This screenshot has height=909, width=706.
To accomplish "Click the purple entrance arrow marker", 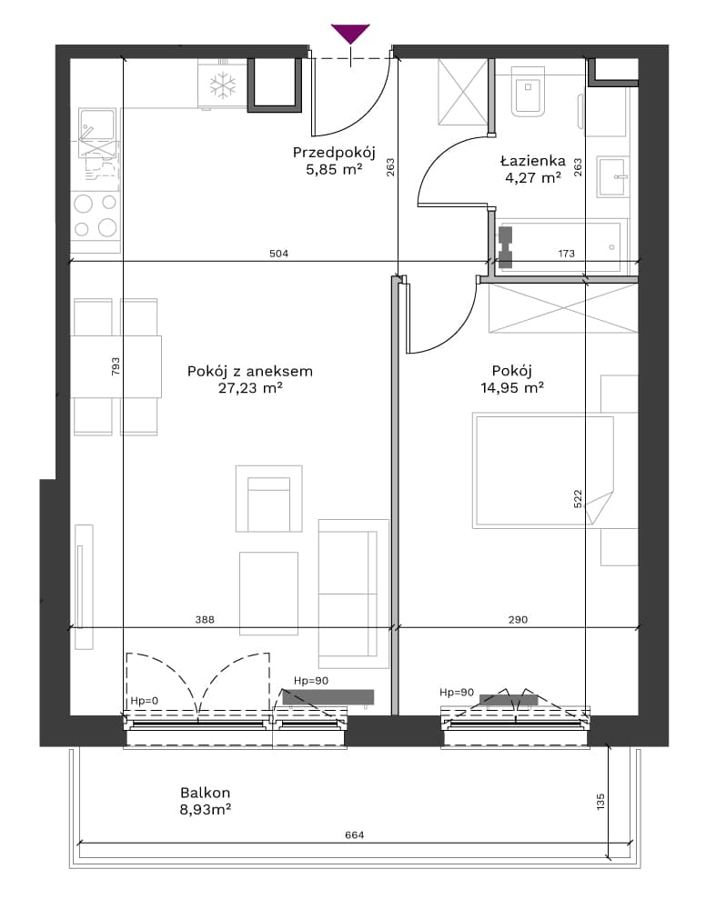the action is pyautogui.click(x=350, y=34).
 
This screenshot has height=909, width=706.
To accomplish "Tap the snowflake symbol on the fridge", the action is pyautogui.click(x=220, y=85).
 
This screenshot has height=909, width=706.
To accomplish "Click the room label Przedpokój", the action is pyautogui.click(x=334, y=153).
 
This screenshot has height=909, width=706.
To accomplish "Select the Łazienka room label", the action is pyautogui.click(x=532, y=160).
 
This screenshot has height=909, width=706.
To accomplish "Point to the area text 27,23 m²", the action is pyautogui.click(x=250, y=388).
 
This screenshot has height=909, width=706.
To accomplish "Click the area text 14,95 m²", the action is pyautogui.click(x=511, y=387).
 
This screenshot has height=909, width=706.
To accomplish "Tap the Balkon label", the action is pyautogui.click(x=206, y=793).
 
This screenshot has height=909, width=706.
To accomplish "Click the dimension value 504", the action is pyautogui.click(x=278, y=254).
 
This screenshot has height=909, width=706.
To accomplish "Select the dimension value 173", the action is pyautogui.click(x=566, y=254).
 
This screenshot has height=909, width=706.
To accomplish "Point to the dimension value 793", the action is pyautogui.click(x=115, y=366).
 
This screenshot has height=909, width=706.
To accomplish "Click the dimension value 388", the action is pyautogui.click(x=205, y=620).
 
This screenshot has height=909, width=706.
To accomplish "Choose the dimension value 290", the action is pyautogui.click(x=518, y=620).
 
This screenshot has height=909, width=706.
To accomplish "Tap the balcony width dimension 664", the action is pyautogui.click(x=355, y=834).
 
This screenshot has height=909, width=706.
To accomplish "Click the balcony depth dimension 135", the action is pyautogui.click(x=600, y=802).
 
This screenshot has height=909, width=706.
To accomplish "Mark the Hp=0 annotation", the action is pyautogui.click(x=145, y=701).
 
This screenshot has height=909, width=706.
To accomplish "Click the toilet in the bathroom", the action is pyautogui.click(x=529, y=91).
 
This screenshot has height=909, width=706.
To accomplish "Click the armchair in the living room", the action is pyautogui.click(x=268, y=498).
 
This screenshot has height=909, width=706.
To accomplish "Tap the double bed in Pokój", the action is pyautogui.click(x=543, y=470).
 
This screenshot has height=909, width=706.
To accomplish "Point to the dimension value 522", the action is pyautogui.click(x=578, y=499).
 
